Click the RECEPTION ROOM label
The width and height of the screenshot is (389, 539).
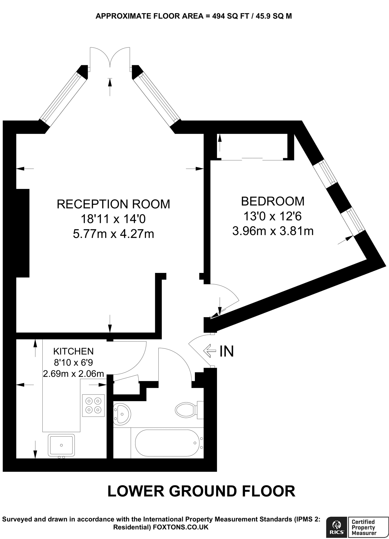[113, 204]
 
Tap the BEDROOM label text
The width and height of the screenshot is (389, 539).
[272, 201]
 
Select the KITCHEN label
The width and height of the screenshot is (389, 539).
[73, 351]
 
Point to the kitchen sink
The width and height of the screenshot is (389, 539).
[61, 445]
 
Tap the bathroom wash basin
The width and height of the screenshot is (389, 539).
[122, 414]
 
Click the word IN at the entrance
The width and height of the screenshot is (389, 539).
[226, 351]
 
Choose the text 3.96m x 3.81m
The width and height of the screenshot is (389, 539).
[273, 231]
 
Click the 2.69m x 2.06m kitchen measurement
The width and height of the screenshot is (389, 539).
[73, 373]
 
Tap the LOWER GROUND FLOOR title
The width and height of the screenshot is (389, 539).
[201, 491]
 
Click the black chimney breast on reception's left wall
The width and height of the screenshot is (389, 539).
[22, 233]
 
